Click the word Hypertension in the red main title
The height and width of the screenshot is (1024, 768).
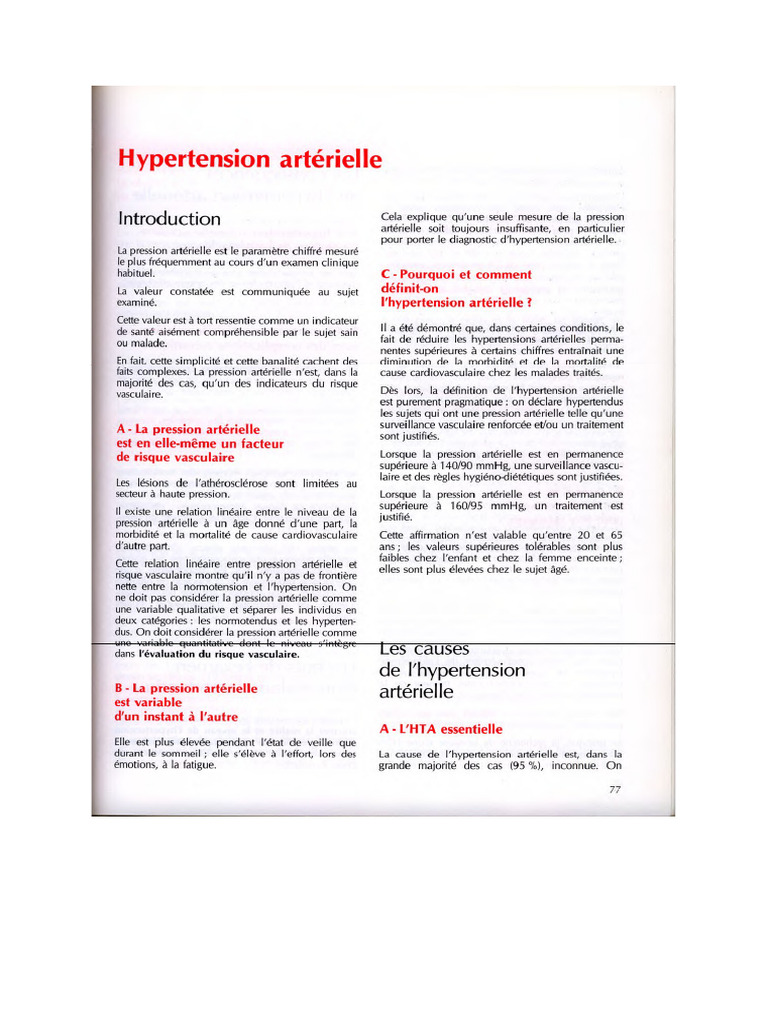click(188, 159)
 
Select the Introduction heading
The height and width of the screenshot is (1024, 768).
click(169, 218)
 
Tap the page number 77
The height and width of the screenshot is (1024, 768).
click(616, 791)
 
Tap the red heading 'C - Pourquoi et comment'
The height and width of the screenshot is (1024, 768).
click(456, 274)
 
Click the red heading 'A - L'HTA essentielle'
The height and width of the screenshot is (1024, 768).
click(440, 729)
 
